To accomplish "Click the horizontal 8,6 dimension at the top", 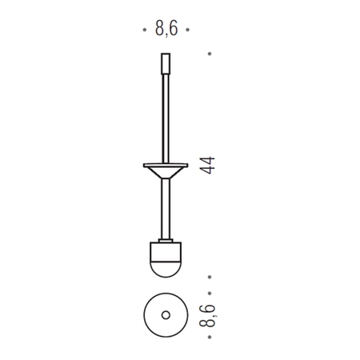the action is [x=166, y=29].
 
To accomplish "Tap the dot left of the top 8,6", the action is [x=145, y=30].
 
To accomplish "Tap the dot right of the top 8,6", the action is [x=188, y=30].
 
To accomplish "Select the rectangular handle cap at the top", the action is [x=166, y=64].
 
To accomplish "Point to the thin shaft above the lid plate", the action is [x=166, y=118].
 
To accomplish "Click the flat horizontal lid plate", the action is [x=166, y=166].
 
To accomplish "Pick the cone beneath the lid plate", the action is [x=166, y=173].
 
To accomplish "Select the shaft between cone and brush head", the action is [x=166, y=209].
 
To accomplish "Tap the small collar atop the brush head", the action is [x=166, y=241].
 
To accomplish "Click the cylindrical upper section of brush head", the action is [x=166, y=251].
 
